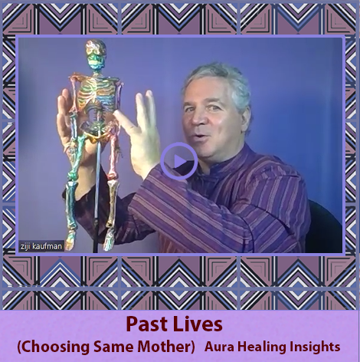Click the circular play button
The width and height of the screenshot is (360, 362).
coord(179,161)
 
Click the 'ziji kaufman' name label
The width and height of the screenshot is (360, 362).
coord(41,246)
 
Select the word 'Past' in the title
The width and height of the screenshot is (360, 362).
coord(147,324)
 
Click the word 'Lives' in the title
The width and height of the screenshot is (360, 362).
coord(198,324)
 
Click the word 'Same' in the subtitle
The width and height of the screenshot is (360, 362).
coord(114,347)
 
